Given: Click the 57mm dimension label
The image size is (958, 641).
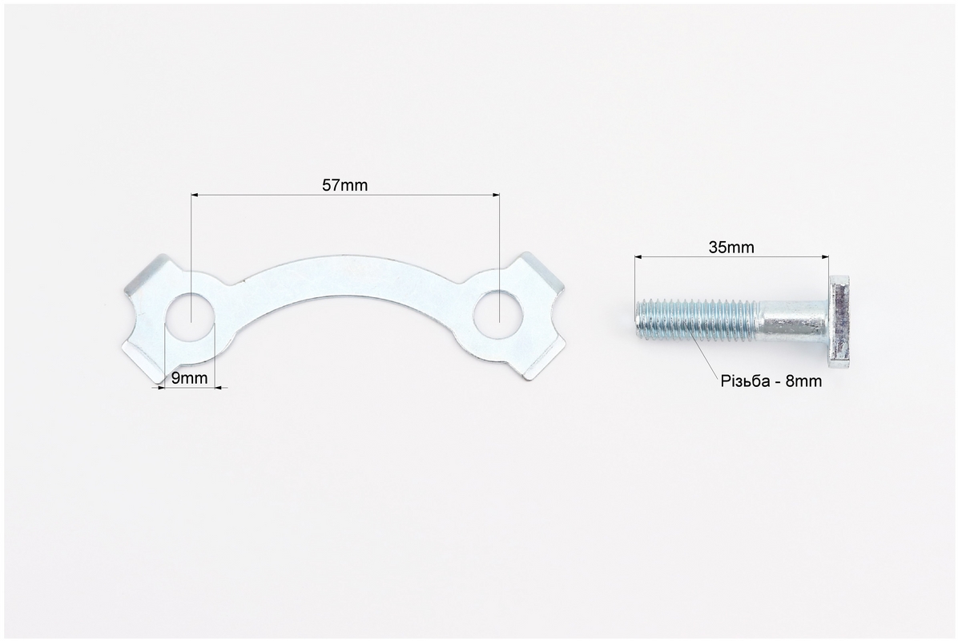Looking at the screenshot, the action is (344, 184).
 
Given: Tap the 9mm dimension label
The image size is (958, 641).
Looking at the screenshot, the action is (189, 377).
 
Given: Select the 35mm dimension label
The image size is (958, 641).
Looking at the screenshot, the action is (731, 247).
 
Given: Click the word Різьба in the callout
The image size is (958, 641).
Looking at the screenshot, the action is (746, 381).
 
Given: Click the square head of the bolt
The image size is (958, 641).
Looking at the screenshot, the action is (839, 321).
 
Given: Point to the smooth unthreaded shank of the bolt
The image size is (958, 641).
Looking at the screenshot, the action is (795, 320).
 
